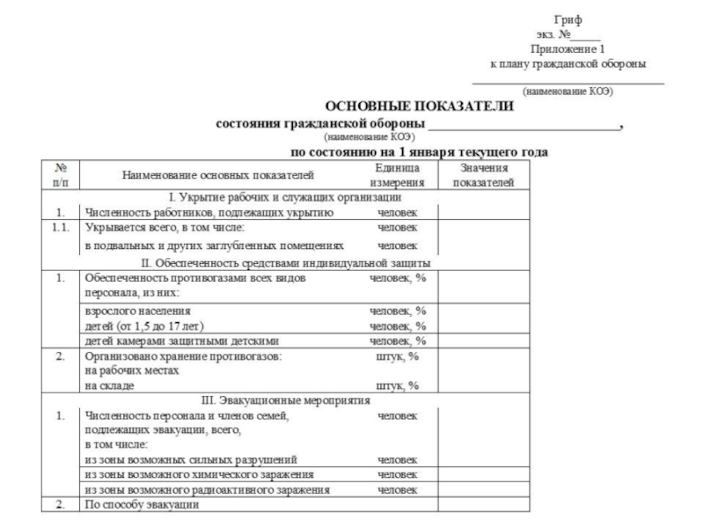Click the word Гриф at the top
coord(568,19)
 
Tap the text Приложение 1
coord(568,49)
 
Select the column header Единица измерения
coord(397,174)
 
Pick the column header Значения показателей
coord(483,174)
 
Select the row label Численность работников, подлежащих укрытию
coord(208,213)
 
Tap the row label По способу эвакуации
coord(141,505)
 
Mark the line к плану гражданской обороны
coord(568,64)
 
